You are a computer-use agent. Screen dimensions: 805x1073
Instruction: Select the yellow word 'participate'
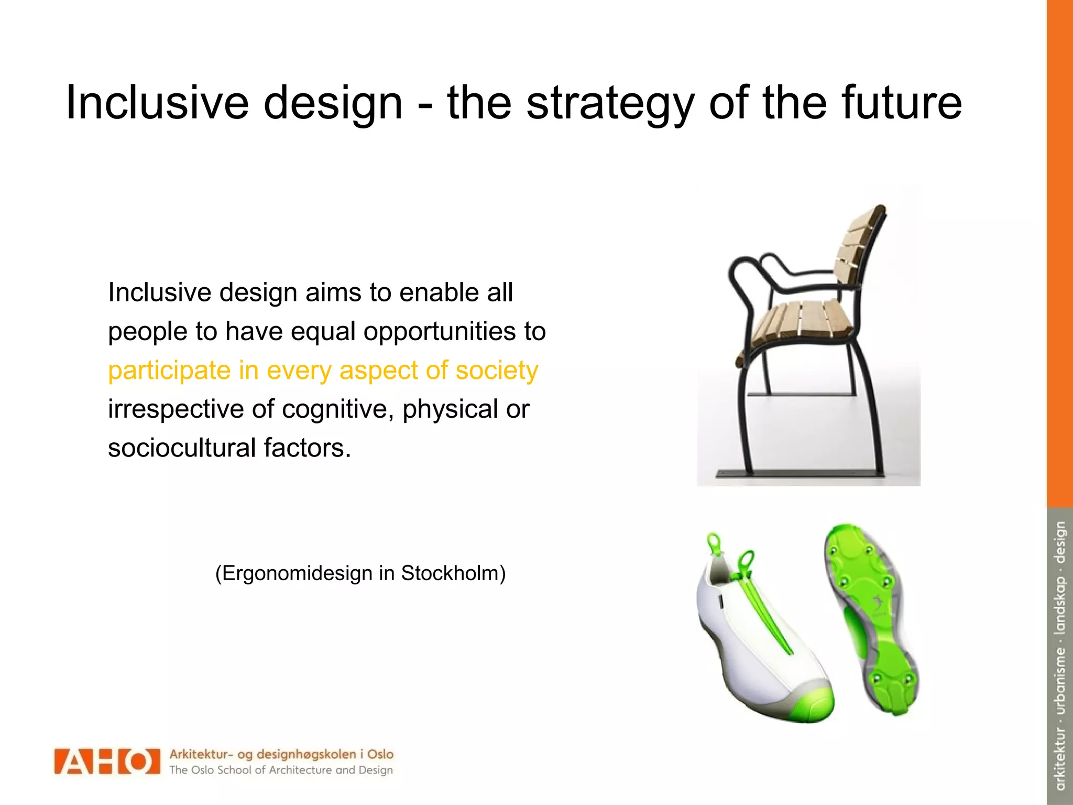click(169, 371)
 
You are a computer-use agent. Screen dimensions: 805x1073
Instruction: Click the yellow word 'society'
click(496, 370)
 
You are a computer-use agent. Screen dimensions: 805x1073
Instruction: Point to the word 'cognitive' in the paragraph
click(337, 409)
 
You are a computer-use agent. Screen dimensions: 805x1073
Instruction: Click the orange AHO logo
click(106, 762)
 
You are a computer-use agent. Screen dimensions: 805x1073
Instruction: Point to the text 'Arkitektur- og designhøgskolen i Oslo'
click(281, 754)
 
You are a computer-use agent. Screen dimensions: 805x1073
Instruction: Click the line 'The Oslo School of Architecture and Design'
click(281, 770)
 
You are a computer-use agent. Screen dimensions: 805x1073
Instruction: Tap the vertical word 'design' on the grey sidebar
click(1060, 542)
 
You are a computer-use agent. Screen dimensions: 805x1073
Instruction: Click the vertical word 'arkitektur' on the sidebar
click(1060, 758)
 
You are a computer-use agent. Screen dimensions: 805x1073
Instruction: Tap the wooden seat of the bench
click(802, 320)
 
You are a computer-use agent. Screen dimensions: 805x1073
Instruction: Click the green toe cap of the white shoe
click(809, 705)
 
